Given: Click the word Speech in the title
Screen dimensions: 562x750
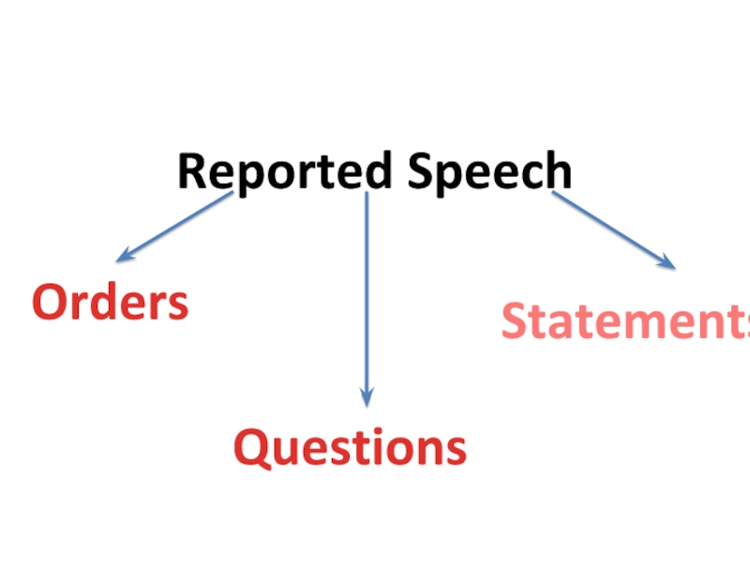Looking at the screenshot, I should point(489,171).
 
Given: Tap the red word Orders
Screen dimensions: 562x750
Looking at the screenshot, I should point(111,303).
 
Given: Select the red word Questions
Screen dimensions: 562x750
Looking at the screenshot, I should point(350,447).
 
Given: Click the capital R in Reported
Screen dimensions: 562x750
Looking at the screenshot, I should point(191,171).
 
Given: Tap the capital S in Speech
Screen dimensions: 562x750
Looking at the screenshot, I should point(419,171).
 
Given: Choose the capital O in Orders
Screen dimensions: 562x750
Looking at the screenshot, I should point(50,303).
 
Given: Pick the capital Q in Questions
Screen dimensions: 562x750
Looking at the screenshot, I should point(251,448).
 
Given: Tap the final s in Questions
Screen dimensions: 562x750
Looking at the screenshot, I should point(457,450).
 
